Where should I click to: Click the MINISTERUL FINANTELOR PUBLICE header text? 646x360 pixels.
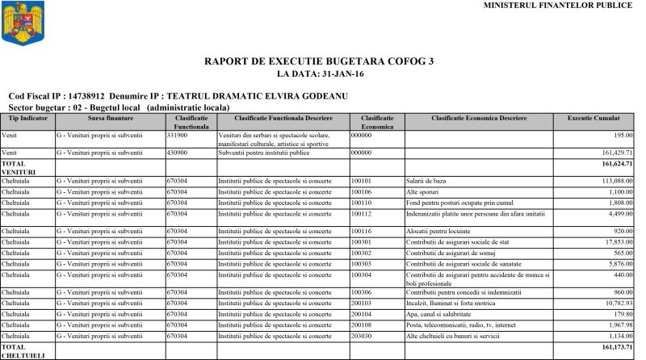click(557, 6)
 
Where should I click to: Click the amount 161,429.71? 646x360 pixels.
click(614, 152)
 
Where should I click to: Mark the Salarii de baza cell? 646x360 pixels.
click(429, 181)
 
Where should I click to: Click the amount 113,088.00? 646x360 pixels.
click(614, 181)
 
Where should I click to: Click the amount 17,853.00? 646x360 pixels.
click(616, 242)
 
